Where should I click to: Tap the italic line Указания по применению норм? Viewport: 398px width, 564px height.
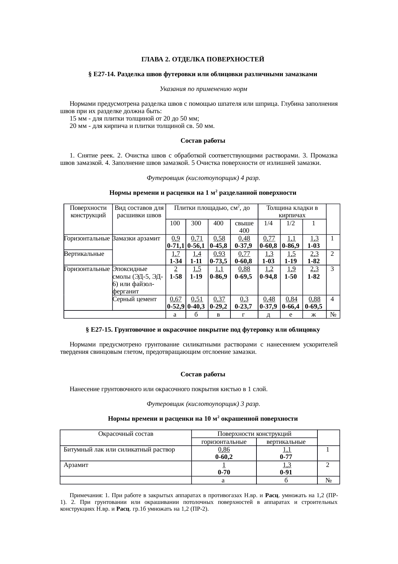(203, 89)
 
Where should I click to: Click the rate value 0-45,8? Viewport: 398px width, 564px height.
(219, 246)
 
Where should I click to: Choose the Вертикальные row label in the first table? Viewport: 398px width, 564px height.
(84, 254)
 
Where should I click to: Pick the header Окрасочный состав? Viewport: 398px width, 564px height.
(125, 434)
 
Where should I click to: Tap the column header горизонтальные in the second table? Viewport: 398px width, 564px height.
(224, 442)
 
